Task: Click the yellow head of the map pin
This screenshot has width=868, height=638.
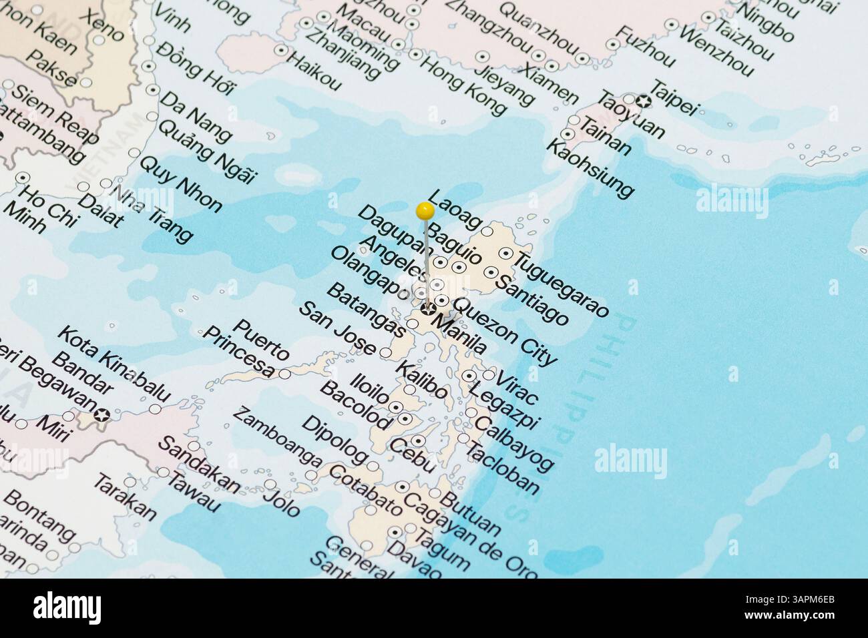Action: [x=425, y=212]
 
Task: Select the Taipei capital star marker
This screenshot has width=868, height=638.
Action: [x=644, y=101]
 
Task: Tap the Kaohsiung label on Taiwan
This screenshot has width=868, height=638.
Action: [x=590, y=168]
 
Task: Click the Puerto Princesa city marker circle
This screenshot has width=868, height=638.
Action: [x=285, y=374]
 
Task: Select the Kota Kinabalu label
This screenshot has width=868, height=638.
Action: [x=114, y=364]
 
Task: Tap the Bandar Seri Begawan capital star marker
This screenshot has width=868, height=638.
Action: [x=101, y=414]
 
